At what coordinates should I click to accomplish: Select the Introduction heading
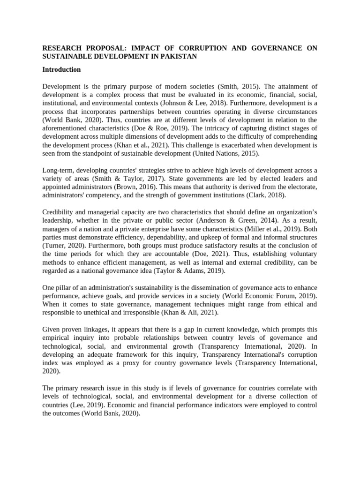coord(61,70)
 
